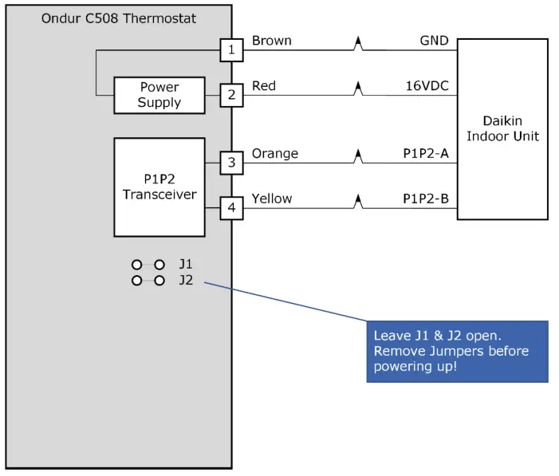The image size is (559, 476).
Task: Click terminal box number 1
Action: pos(231,51)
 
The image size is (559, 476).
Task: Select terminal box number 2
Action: pos(231,96)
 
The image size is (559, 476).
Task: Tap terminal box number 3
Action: pos(231,163)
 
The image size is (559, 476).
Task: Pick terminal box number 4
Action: pos(231,209)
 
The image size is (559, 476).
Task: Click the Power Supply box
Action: pos(159,95)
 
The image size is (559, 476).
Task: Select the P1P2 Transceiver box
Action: pos(159,187)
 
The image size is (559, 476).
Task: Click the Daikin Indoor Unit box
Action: pos(502,129)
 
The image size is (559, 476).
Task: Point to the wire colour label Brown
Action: pos(271,41)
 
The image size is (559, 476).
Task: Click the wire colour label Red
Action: pos(264,85)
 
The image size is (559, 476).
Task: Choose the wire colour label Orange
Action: pos(274,153)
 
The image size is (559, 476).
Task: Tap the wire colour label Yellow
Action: pos(272,199)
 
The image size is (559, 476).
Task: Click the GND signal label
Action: pos(434,41)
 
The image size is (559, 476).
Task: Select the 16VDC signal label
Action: pos(427,85)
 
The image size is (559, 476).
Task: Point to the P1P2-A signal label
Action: pos(423,153)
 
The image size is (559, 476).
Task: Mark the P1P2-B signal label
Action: pos(423,199)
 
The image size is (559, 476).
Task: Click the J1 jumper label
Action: pos(185,264)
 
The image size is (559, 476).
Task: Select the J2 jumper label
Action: pos(185,280)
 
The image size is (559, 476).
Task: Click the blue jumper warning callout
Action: pos(457,352)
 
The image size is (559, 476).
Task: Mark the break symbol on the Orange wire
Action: pos(359,160)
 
